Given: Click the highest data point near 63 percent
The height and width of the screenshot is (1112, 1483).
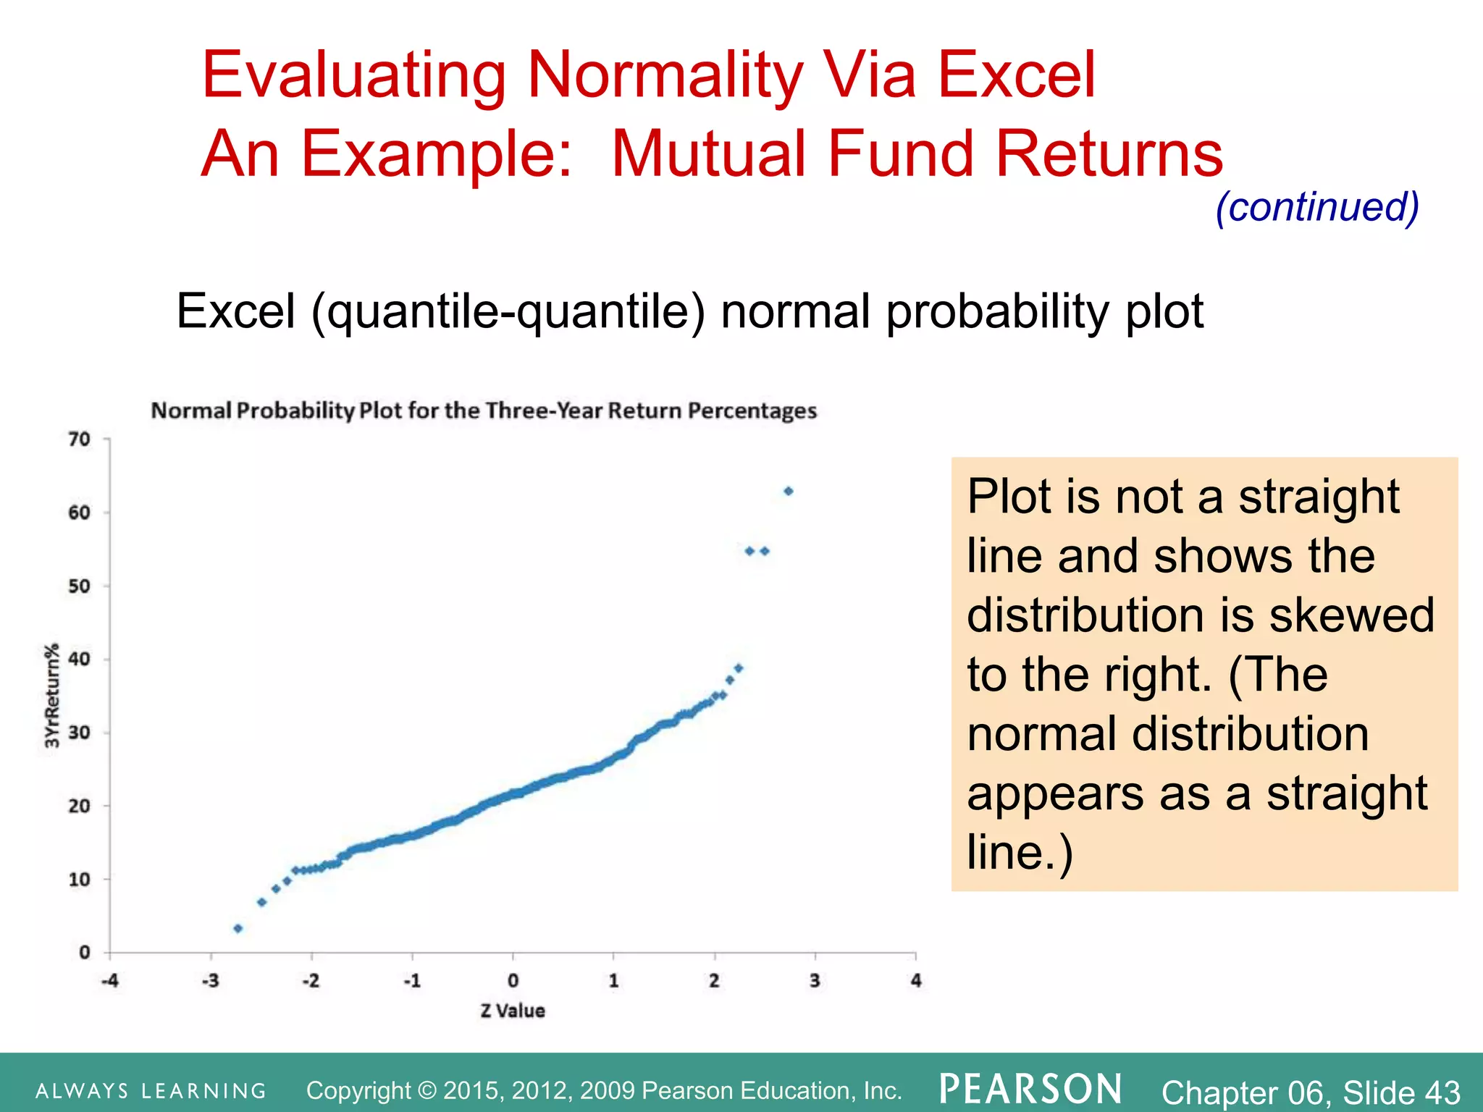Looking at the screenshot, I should pyautogui.click(x=789, y=491).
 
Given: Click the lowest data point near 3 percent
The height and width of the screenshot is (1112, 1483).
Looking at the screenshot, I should pyautogui.click(x=238, y=928).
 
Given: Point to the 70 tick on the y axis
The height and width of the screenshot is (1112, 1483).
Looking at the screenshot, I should pyautogui.click(x=80, y=439).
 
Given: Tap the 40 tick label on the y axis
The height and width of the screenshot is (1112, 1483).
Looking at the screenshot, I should pyautogui.click(x=80, y=659).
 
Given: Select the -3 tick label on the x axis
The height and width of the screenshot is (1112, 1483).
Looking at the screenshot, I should pyautogui.click(x=210, y=981).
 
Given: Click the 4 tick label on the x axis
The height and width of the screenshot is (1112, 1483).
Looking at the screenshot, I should pyautogui.click(x=916, y=981).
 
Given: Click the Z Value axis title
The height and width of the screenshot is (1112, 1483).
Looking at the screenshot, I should pyautogui.click(x=513, y=1011).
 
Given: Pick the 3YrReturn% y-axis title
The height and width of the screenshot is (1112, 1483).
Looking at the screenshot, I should pyautogui.click(x=51, y=696).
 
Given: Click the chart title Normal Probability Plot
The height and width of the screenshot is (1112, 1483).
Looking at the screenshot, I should pyautogui.click(x=484, y=410).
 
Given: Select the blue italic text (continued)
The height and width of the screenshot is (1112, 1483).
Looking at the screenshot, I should pyautogui.click(x=1317, y=207).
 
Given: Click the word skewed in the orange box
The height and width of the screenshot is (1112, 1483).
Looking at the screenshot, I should pyautogui.click(x=1351, y=615).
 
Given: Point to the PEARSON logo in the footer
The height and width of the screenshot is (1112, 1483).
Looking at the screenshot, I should pyautogui.click(x=1030, y=1089).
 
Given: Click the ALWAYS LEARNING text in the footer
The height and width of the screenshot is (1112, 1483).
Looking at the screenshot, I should pyautogui.click(x=151, y=1091).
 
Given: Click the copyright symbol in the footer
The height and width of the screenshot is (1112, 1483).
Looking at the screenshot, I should pyautogui.click(x=428, y=1090).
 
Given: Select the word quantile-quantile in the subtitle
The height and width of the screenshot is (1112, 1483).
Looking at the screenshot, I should pyautogui.click(x=507, y=313).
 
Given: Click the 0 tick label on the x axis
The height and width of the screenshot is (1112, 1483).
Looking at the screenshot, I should pyautogui.click(x=513, y=981).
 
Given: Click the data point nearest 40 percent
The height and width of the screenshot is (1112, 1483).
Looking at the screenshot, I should pyautogui.click(x=739, y=668).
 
